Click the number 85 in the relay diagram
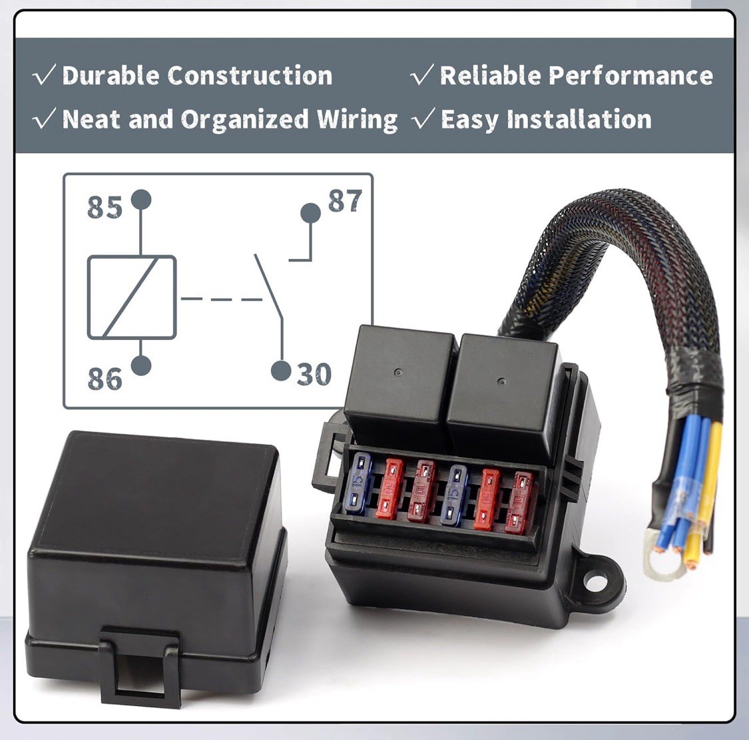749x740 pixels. point(105,208)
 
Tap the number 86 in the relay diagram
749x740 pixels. point(105,379)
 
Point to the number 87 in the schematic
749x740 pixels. point(345,201)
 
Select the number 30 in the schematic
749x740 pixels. point(314,375)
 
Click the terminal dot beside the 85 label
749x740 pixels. point(141,199)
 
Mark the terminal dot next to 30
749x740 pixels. point(282,371)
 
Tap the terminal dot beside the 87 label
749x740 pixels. point(310,213)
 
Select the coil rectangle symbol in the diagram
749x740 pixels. point(132,297)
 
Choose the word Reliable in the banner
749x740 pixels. point(489,76)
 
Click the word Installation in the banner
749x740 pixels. point(579,120)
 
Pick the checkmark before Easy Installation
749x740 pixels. point(423,120)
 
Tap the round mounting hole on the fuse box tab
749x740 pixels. point(596,580)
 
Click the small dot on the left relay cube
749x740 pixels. point(397,372)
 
